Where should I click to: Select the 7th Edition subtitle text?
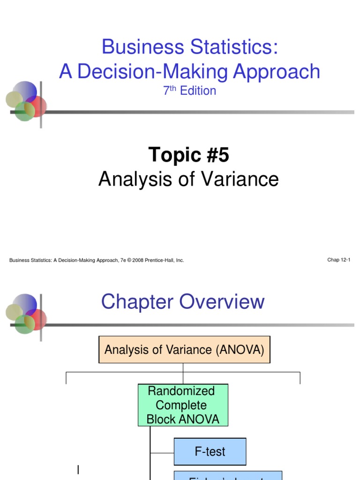[189, 90]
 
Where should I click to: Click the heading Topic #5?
[188, 155]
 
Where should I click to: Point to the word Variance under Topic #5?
[244, 179]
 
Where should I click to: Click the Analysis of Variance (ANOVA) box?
[184, 350]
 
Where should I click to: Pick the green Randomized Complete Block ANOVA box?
[183, 405]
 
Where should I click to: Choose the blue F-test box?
[210, 452]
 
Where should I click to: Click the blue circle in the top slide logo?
[25, 90]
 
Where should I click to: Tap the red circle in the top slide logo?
[37, 106]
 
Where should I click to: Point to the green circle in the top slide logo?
[24, 112]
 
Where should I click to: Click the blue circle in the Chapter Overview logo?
[25, 303]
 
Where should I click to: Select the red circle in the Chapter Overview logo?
[37, 319]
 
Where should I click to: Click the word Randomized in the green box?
[181, 391]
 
